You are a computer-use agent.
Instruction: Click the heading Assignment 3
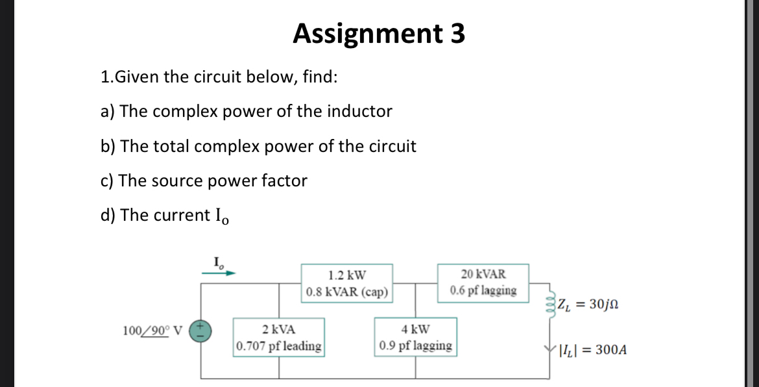click(379, 34)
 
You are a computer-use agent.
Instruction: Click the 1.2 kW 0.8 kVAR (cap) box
click(346, 282)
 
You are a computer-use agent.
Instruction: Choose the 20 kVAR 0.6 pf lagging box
click(483, 282)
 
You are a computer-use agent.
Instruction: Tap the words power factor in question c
click(269, 181)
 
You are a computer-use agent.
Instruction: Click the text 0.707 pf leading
click(280, 346)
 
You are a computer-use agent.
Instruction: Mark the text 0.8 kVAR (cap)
click(346, 292)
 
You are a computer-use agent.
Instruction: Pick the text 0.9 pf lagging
click(415, 346)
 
